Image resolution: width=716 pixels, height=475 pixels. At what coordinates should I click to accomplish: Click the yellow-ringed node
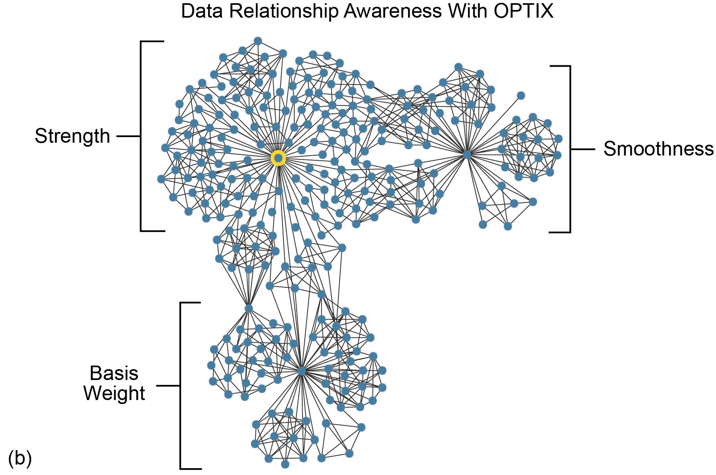(x=278, y=158)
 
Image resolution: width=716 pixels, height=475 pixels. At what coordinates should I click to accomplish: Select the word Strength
(x=72, y=136)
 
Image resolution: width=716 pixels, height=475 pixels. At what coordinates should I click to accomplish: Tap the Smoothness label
(x=658, y=149)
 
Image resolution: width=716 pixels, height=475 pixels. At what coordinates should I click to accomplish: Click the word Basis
(x=114, y=373)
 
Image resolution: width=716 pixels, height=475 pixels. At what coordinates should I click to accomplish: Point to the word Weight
(x=114, y=393)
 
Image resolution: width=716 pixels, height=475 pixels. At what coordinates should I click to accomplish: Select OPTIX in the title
(x=524, y=11)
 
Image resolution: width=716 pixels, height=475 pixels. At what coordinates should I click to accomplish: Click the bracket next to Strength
(x=141, y=136)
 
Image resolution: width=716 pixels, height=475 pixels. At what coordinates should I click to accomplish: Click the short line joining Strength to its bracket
(x=128, y=136)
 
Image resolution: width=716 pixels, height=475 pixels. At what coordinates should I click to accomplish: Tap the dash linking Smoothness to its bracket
(x=583, y=149)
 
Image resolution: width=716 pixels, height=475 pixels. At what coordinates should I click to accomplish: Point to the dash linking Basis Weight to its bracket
(x=168, y=386)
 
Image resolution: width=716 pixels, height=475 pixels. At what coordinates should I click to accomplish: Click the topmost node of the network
(x=258, y=41)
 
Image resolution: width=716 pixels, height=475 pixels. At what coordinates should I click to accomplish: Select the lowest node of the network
(x=285, y=464)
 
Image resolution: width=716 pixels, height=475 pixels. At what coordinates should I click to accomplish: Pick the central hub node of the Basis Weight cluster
(x=301, y=371)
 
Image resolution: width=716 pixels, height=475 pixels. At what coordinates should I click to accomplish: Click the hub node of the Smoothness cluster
(x=467, y=154)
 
